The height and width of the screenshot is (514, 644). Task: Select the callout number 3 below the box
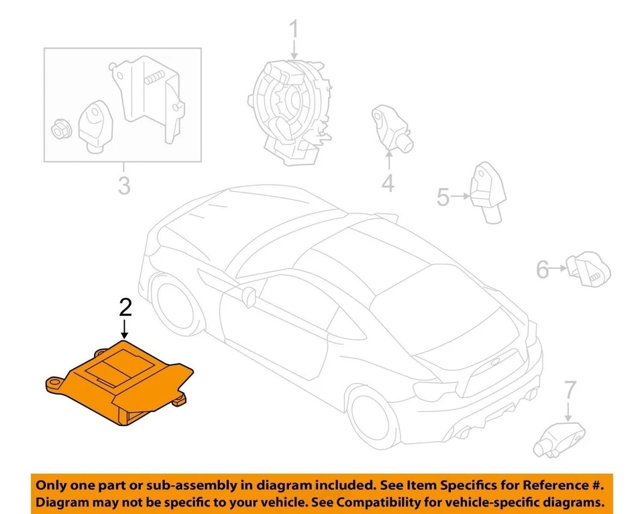(x=123, y=185)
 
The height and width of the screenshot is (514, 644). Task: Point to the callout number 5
(x=443, y=197)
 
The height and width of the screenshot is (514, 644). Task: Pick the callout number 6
(x=542, y=270)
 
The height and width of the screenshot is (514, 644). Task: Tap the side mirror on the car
(x=249, y=296)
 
